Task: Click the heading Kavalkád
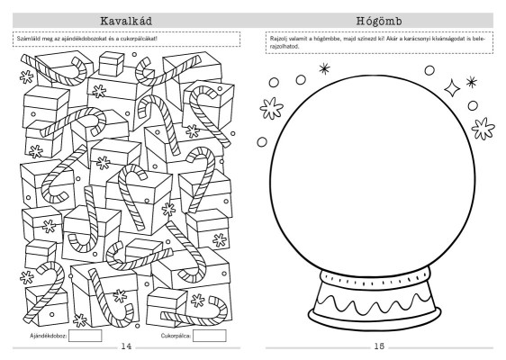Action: point(126,21)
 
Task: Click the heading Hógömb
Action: point(379,21)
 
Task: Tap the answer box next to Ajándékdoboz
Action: point(86,336)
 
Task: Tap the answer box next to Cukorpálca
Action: point(210,336)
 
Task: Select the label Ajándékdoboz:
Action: point(49,336)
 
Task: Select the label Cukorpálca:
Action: point(176,336)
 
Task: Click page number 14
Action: point(126,346)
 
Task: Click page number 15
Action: point(379,346)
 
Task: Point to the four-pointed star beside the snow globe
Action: point(452,88)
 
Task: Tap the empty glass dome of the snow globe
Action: point(372,175)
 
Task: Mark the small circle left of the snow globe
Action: point(262,142)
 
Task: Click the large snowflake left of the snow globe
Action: point(271,108)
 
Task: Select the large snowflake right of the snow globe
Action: point(483,129)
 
